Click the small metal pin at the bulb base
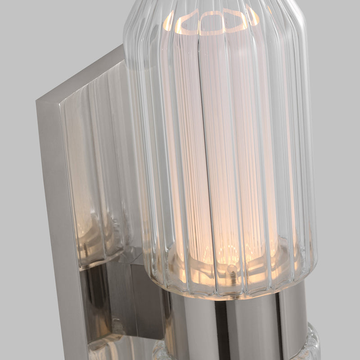coord(231,268)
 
